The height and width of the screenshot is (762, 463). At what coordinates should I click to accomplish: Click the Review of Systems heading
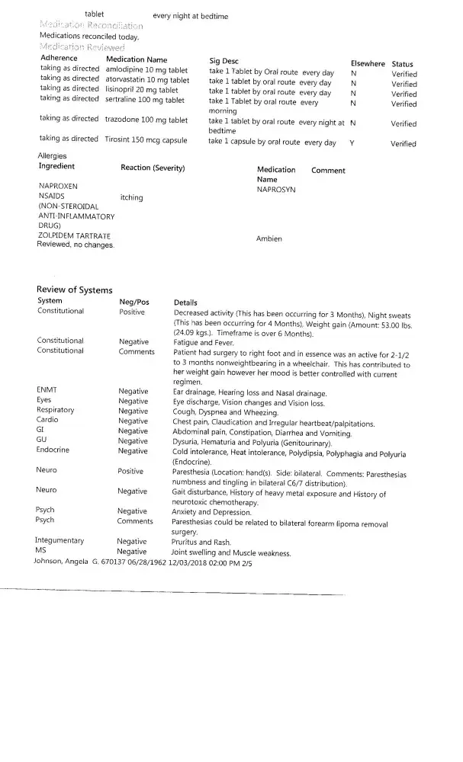[74, 290]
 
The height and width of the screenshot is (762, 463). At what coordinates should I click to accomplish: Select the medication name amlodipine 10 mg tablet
[146, 69]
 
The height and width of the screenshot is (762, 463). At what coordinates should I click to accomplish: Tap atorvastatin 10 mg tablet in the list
[147, 79]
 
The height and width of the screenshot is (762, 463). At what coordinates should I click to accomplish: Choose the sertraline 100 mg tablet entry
[144, 99]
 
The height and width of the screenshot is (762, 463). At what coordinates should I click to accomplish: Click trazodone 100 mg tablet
[146, 120]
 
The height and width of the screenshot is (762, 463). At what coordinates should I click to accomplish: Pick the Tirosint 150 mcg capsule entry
[146, 139]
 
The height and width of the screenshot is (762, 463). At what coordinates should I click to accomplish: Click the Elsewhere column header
[367, 64]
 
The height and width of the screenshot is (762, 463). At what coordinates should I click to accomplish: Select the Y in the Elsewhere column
[352, 143]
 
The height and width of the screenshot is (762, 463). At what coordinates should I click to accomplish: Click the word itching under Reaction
[132, 197]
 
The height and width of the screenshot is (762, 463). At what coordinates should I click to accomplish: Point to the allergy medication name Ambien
[269, 239]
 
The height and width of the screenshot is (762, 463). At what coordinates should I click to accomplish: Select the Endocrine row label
[53, 450]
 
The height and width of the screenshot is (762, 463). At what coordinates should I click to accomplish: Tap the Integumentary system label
[60, 541]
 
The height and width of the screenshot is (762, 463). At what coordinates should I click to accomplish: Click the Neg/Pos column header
[133, 302]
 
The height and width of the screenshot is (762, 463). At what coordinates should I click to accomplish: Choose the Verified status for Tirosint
[404, 143]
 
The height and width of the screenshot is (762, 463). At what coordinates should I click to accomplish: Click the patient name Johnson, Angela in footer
[61, 561]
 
